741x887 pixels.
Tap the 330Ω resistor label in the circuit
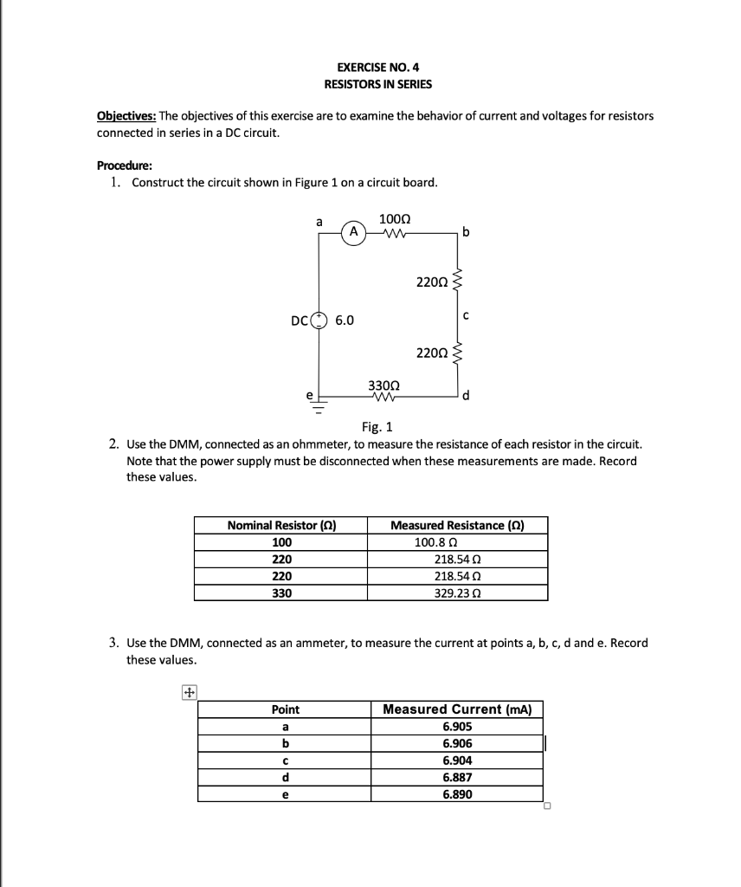click(x=383, y=385)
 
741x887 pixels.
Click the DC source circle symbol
click(x=319, y=320)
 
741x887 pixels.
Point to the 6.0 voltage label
click(x=344, y=320)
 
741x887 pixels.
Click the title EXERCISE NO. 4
click(x=377, y=67)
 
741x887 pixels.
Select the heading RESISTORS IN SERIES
click(x=377, y=84)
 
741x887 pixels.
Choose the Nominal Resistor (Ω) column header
click(x=281, y=525)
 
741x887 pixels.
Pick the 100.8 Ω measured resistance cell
click(x=436, y=542)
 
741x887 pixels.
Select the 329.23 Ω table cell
click(x=457, y=593)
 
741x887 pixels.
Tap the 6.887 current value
click(x=457, y=778)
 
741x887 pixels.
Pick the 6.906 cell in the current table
click(x=457, y=744)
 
